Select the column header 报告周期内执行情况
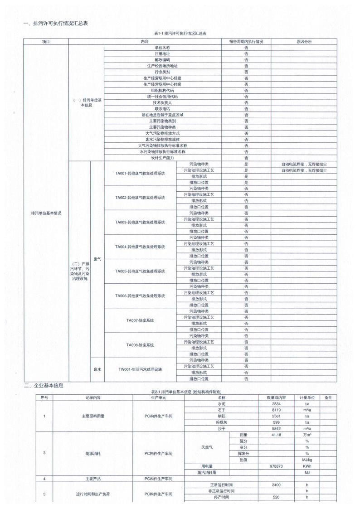click(x=246, y=42)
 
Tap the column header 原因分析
click(x=304, y=42)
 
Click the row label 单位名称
click(x=162, y=48)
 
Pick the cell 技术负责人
click(x=162, y=102)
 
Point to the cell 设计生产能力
click(x=162, y=158)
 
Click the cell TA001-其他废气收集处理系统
click(x=140, y=173)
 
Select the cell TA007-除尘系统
click(x=140, y=320)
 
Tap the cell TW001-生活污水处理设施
click(x=140, y=369)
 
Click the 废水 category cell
click(x=97, y=369)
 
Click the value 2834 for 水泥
click(x=277, y=403)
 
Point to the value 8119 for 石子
click(x=277, y=410)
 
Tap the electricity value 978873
click(x=277, y=465)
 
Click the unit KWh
click(x=307, y=465)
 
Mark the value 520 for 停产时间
click(x=277, y=497)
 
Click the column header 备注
click(x=328, y=398)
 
